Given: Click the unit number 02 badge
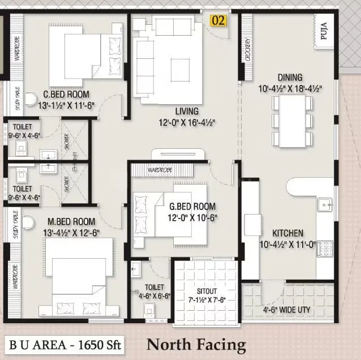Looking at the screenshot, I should pyautogui.click(x=219, y=21).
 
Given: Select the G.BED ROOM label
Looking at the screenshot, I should pyautogui.click(x=193, y=206).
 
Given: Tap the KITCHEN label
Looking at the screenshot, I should pyautogui.click(x=287, y=233).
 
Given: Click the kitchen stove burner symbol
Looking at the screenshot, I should pyautogui.click(x=326, y=247).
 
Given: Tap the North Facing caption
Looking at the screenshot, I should pyautogui.click(x=196, y=344).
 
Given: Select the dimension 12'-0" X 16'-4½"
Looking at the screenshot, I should pyautogui.click(x=187, y=122).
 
